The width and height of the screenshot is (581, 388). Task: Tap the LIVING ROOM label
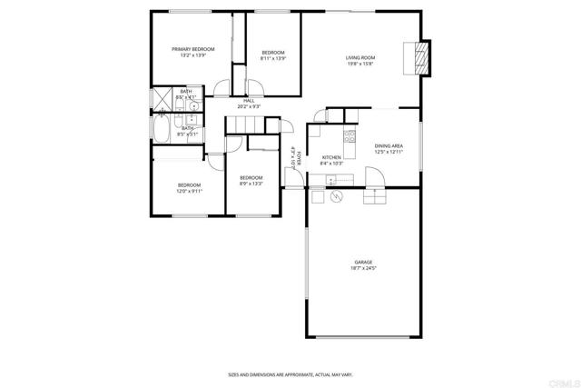(x=360, y=57)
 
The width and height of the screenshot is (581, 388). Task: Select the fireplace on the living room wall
(x=419, y=58)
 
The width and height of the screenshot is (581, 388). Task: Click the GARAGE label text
(x=363, y=262)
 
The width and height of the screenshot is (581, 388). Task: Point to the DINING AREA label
(x=389, y=145)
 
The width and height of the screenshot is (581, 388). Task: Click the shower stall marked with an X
(x=162, y=98)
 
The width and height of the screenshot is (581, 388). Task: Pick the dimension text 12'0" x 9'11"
(x=190, y=192)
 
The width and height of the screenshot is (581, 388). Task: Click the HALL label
(x=248, y=101)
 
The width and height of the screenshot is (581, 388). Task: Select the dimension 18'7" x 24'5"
(x=363, y=269)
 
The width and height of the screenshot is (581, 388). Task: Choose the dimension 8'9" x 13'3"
(x=251, y=184)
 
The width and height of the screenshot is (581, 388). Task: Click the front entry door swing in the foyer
(x=292, y=177)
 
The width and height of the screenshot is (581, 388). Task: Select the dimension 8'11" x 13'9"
(x=273, y=59)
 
